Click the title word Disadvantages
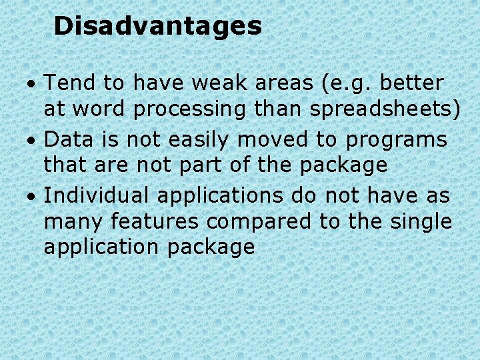point(157,27)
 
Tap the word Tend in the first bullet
point(68,83)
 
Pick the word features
point(155,220)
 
